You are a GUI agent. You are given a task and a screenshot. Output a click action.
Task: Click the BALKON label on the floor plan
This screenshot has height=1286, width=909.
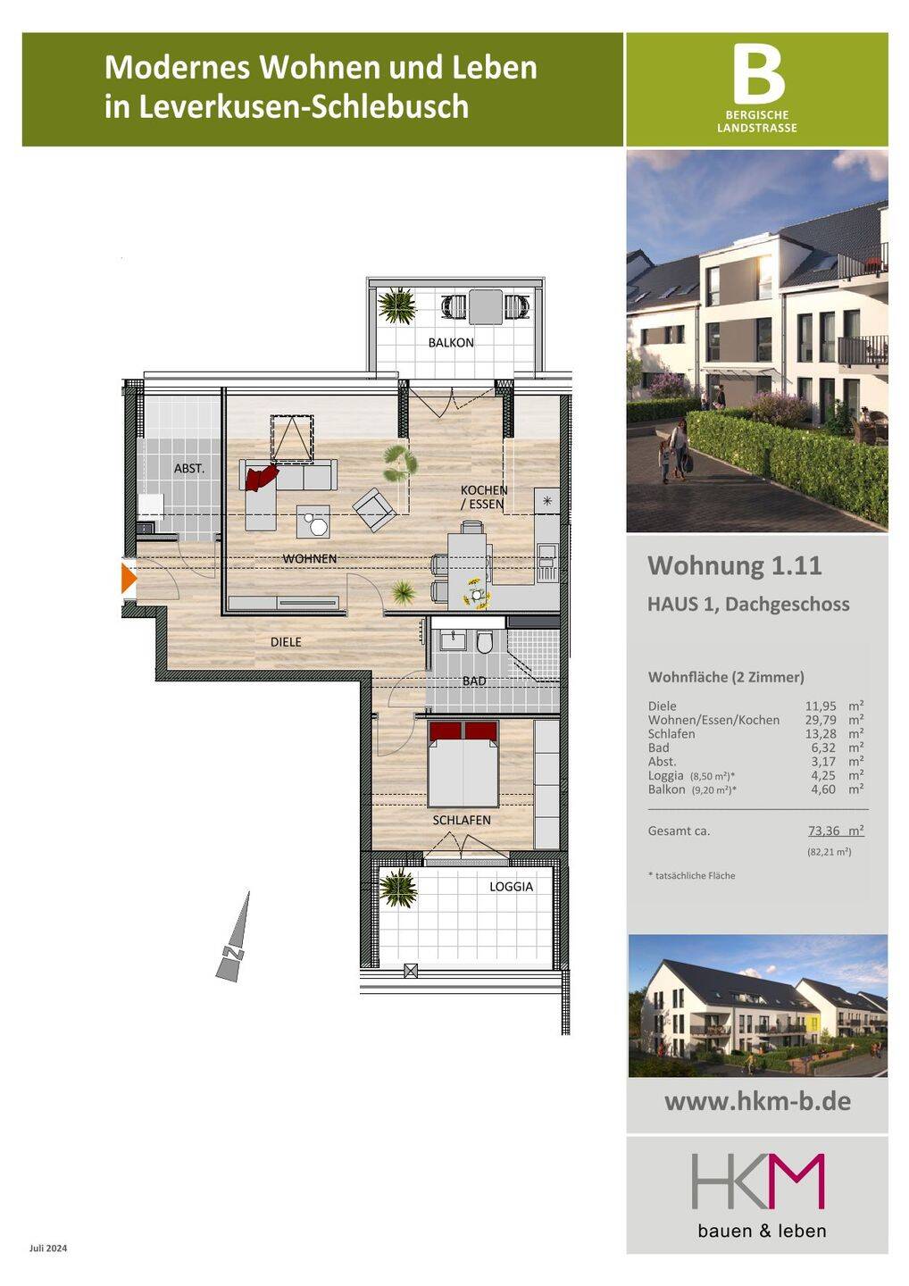[x=451, y=343]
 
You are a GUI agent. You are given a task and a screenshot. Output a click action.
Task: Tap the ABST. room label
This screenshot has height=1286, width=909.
[x=189, y=469]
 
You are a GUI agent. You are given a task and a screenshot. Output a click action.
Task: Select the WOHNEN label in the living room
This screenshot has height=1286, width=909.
[x=309, y=558]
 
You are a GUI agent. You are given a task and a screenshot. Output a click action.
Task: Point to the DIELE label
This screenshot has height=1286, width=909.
[x=286, y=642]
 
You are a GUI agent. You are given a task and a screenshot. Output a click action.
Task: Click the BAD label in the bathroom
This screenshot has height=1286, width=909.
[x=474, y=681]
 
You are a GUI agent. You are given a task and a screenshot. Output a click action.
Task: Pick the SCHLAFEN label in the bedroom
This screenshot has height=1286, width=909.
[x=462, y=821]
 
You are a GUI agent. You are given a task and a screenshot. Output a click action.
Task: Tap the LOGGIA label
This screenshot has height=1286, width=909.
[x=512, y=887]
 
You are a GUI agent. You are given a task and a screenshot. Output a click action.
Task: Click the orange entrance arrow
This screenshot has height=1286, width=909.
[x=129, y=578]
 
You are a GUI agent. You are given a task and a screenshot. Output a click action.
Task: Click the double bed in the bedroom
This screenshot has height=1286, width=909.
[x=463, y=764]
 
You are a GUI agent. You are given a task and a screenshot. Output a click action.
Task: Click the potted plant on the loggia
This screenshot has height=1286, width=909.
[x=397, y=888]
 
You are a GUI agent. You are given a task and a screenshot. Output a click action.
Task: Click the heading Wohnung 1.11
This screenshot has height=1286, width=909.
[x=735, y=565]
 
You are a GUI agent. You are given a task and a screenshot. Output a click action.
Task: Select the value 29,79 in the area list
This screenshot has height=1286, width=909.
[x=821, y=720]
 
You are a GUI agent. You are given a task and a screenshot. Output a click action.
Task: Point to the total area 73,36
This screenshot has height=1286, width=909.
[x=823, y=831]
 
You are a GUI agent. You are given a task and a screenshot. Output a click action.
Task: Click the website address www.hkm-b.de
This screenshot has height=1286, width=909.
[x=757, y=1101]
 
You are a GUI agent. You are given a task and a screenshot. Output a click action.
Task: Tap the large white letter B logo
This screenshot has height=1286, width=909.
[x=759, y=74]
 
